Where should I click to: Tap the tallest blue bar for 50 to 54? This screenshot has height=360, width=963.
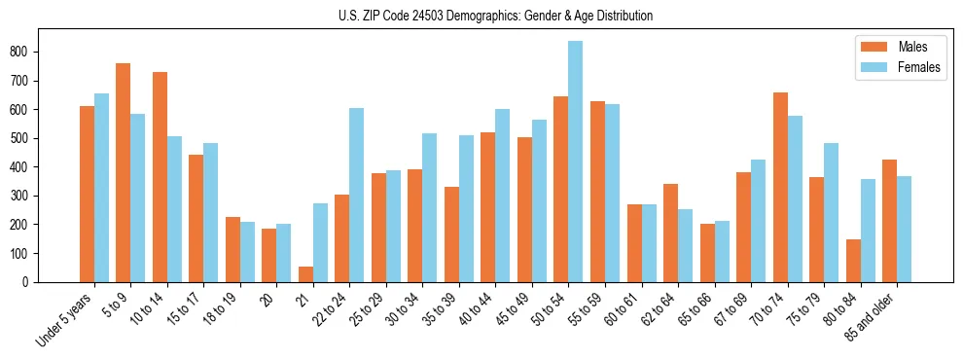[575, 162]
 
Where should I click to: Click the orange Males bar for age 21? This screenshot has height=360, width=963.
[305, 274]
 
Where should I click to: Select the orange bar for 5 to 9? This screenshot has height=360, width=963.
[124, 172]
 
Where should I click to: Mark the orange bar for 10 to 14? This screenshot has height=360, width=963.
[160, 177]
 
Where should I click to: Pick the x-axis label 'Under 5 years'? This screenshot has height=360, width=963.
[66, 320]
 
